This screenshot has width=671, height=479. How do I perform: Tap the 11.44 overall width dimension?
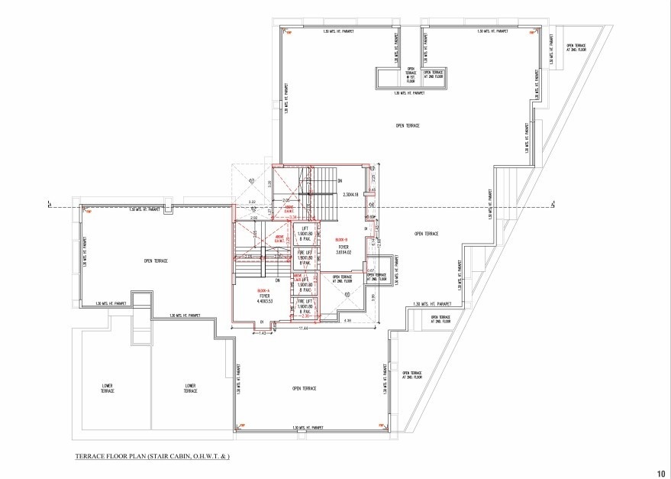pyautogui.click(x=303, y=328)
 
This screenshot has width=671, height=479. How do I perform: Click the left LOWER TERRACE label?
pyautogui.click(x=108, y=388)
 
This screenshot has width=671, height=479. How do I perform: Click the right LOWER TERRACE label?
pyautogui.click(x=191, y=388)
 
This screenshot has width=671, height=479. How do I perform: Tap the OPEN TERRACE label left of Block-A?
pyautogui.click(x=156, y=261)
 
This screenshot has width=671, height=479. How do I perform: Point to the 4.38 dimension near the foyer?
pyautogui.click(x=347, y=321)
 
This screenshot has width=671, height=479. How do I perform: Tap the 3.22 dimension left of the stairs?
pyautogui.click(x=252, y=202)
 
